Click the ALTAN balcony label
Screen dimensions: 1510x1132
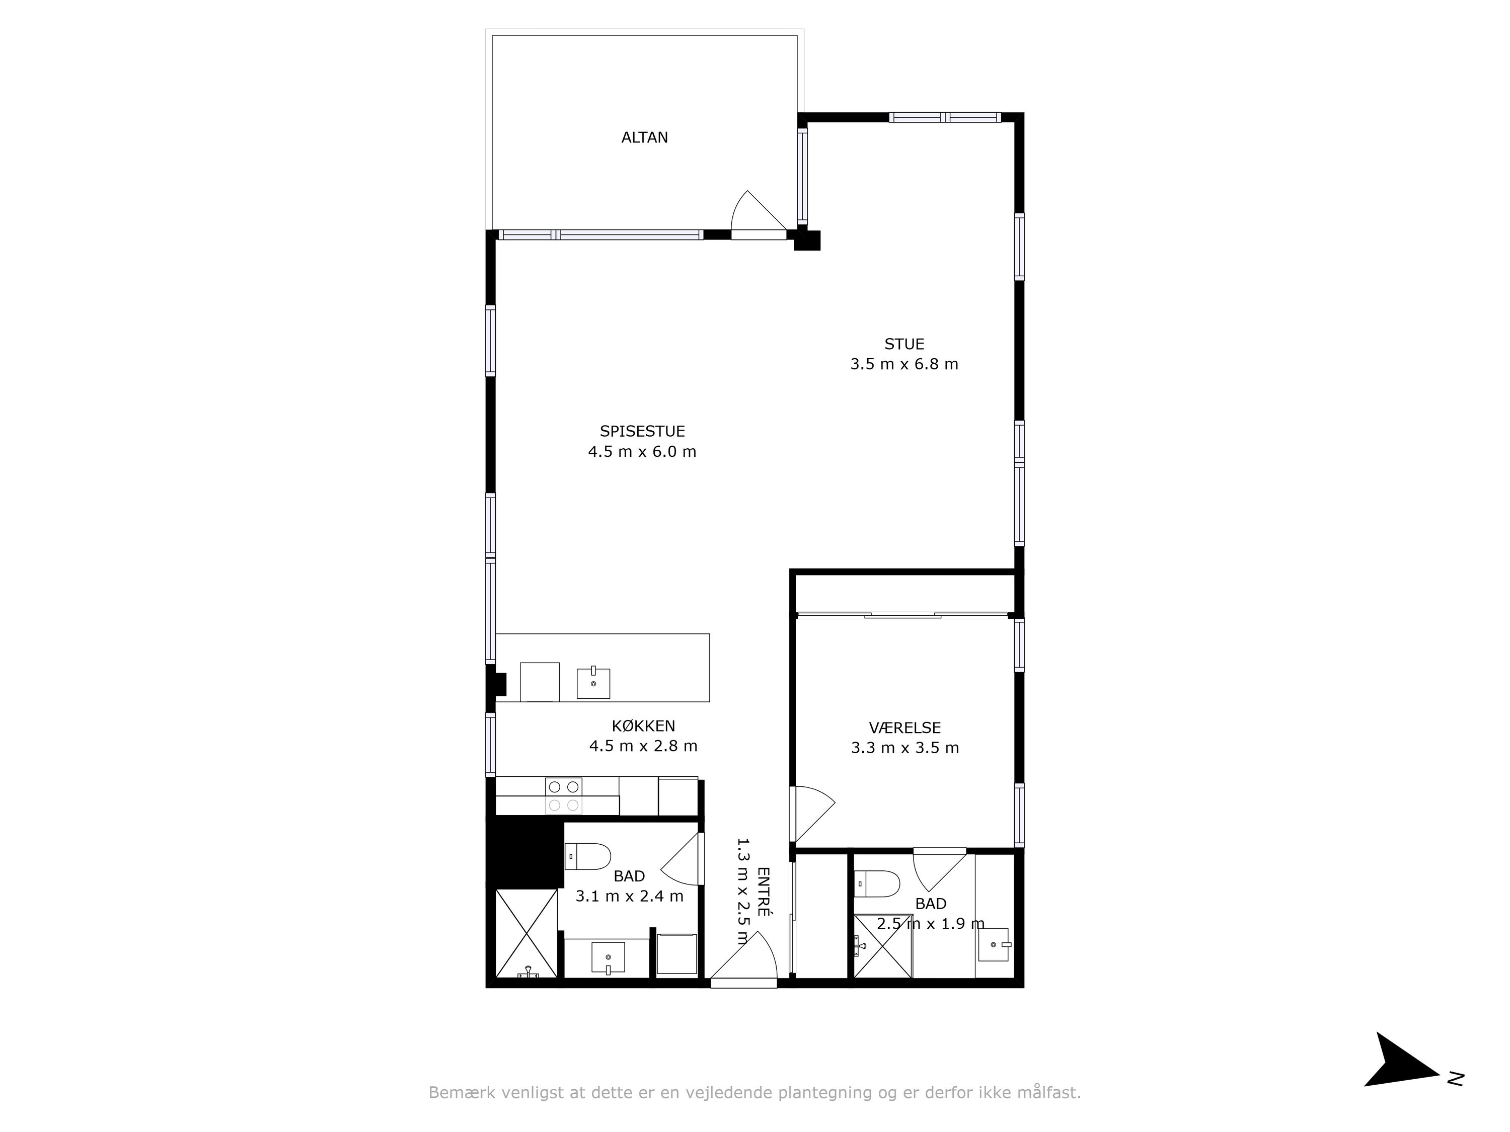pyautogui.click(x=644, y=137)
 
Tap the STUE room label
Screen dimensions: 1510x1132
pyautogui.click(x=904, y=344)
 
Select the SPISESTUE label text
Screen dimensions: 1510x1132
pyautogui.click(x=642, y=431)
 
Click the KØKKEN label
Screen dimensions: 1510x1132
pyautogui.click(x=643, y=726)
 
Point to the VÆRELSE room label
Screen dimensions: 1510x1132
pyautogui.click(x=904, y=728)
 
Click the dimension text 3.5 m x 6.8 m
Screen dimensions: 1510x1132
pyautogui.click(x=904, y=364)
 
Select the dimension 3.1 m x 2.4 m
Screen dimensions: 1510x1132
pyautogui.click(x=629, y=896)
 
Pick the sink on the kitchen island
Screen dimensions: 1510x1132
pyautogui.click(x=593, y=683)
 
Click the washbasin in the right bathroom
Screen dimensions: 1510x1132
pyautogui.click(x=994, y=944)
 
